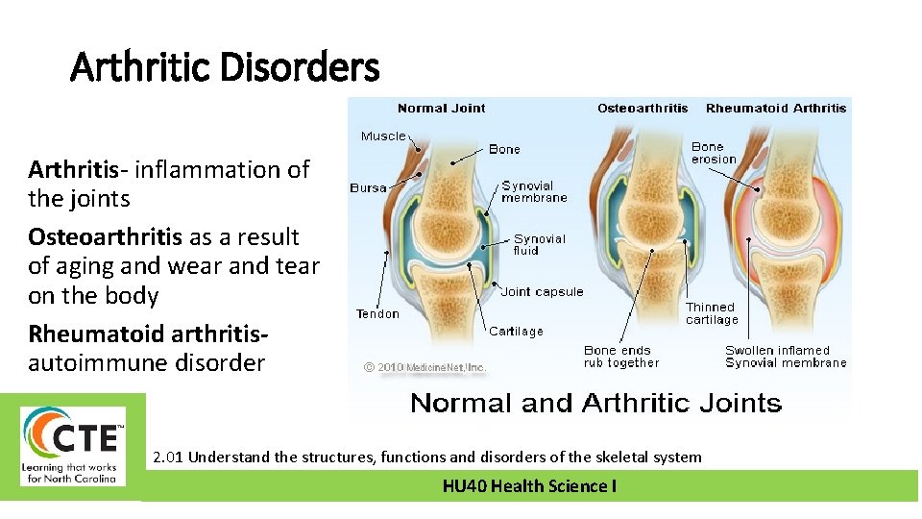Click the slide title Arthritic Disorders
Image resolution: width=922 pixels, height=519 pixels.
pos(225,68)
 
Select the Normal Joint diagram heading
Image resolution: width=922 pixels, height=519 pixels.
pos(441,109)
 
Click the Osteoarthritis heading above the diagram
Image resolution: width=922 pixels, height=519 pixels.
pos(643,109)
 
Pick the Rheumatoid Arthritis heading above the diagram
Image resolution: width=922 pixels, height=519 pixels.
pos(776,109)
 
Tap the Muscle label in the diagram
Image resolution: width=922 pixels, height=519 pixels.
pos(383,136)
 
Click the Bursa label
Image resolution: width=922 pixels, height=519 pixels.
pos(368,188)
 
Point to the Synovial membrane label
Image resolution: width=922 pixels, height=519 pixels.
pos(534,191)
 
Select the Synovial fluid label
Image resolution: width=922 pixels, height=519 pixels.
pos(539,244)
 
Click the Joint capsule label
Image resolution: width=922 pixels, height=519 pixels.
pos(542,292)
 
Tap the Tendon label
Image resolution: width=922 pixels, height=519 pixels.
pos(377,314)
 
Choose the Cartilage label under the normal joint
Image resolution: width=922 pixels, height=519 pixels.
pos(516,332)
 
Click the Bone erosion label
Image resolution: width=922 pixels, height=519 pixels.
pos(714,153)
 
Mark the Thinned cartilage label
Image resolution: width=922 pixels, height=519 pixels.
pos(712,313)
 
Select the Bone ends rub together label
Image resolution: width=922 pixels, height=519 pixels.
pos(621,357)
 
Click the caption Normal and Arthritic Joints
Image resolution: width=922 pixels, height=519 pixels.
pos(595,403)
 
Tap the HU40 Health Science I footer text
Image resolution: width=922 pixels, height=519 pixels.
pos(529,486)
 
